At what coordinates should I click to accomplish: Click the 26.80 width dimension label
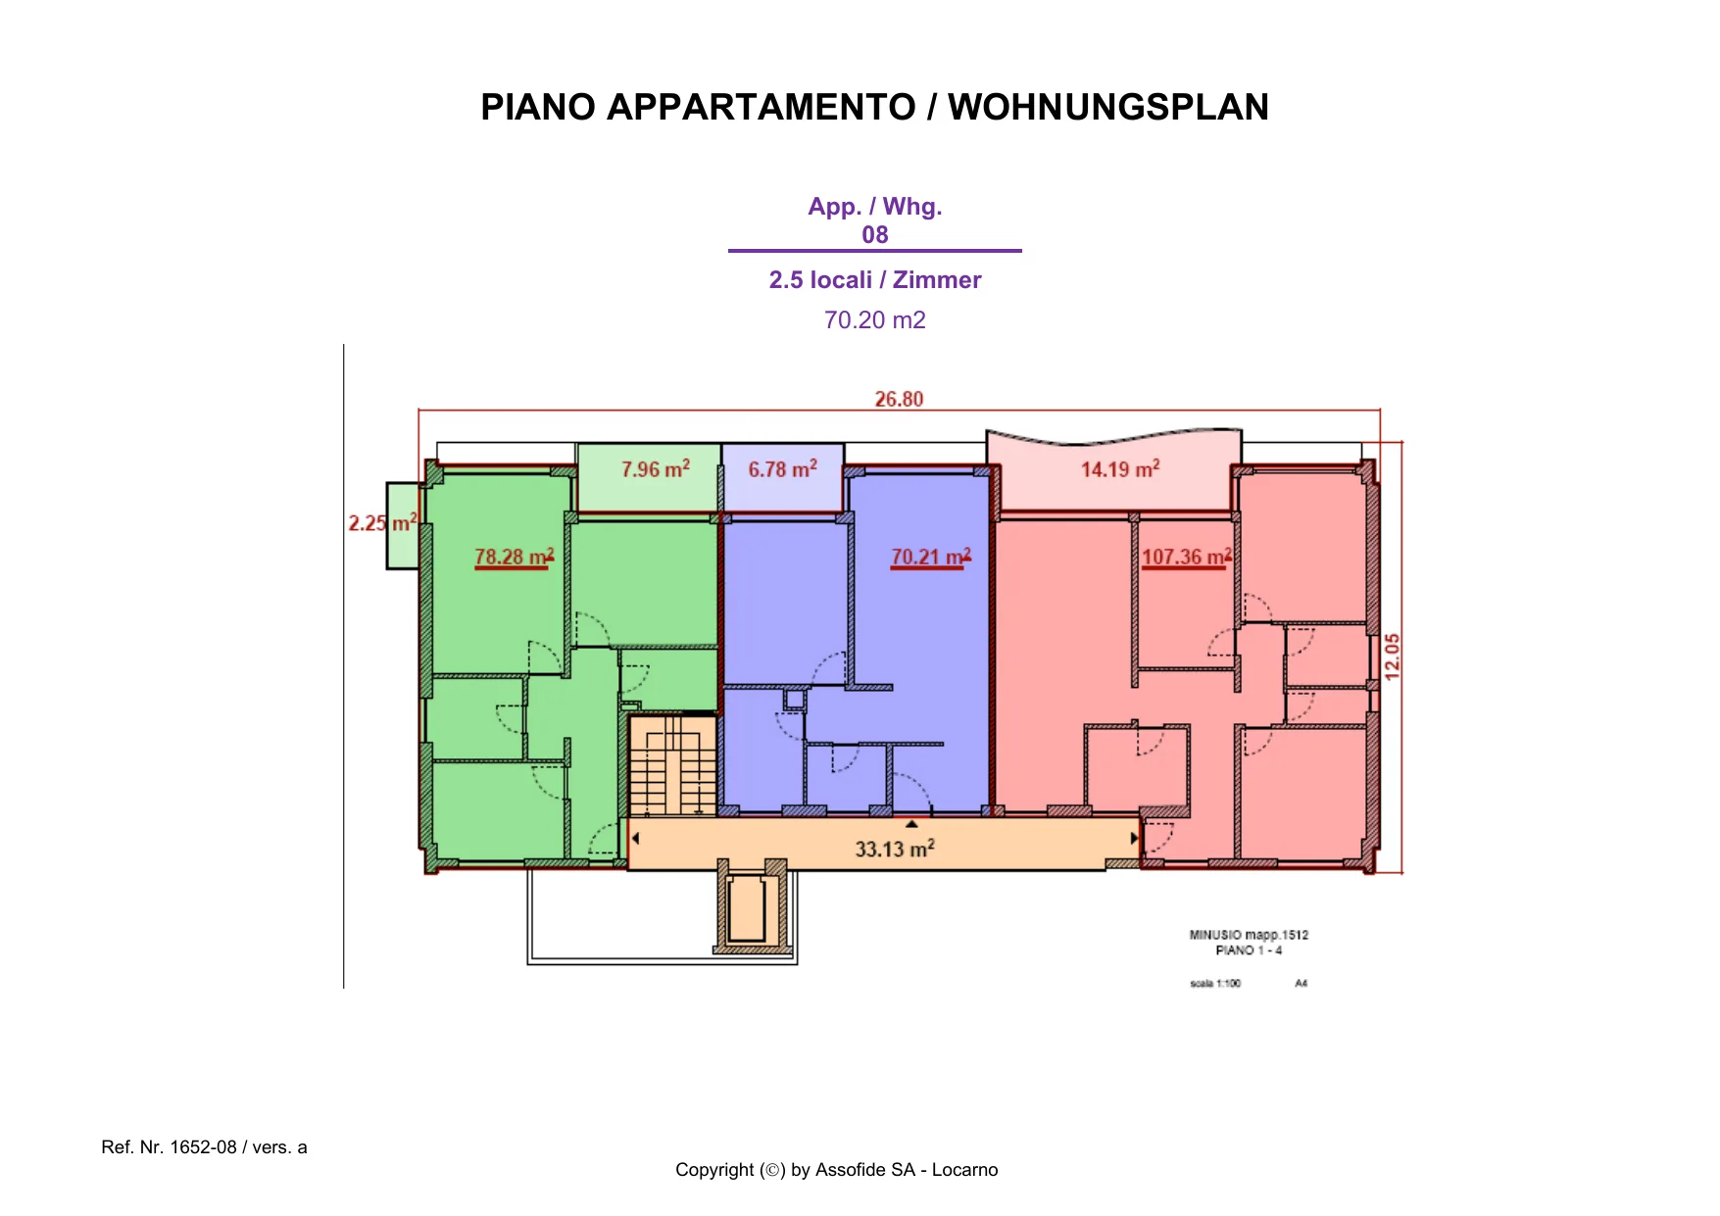[x=899, y=399]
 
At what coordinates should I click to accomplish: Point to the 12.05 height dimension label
[x=1393, y=657]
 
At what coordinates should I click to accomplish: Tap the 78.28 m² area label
[x=515, y=557]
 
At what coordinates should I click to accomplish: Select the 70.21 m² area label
[x=931, y=557]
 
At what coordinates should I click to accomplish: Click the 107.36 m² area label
[x=1187, y=557]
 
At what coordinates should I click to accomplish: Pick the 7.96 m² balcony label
[x=656, y=469]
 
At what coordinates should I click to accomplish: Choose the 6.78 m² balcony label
[x=783, y=469]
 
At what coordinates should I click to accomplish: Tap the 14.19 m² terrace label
[x=1120, y=469]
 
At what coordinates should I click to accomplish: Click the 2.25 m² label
[x=383, y=523]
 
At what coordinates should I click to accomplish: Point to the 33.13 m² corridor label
[x=895, y=849]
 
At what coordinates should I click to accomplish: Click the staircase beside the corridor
[x=672, y=765]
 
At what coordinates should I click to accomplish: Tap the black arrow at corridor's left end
[x=636, y=839]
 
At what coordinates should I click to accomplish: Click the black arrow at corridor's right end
[x=1134, y=839]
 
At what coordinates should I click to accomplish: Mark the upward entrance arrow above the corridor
[x=911, y=824]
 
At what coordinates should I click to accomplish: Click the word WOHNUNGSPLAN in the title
[x=1108, y=107]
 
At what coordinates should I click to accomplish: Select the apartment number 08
[x=875, y=235]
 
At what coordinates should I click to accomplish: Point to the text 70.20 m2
[x=875, y=320]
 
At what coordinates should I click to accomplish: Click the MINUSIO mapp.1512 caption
[x=1249, y=935]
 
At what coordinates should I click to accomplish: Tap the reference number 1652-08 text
[x=204, y=1147]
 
